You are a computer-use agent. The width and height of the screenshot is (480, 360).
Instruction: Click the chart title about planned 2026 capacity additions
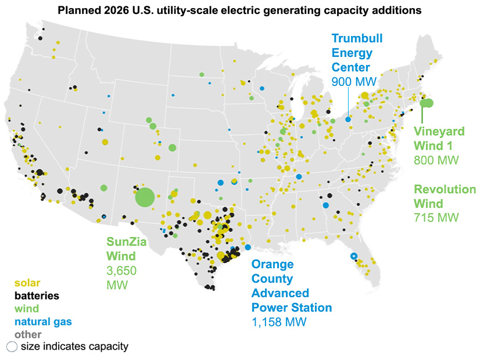click(x=239, y=10)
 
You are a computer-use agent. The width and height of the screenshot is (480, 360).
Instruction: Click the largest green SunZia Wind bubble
click(x=145, y=197)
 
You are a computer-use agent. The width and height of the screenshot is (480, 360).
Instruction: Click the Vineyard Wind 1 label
click(x=439, y=138)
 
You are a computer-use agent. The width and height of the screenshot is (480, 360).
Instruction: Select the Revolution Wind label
click(x=445, y=196)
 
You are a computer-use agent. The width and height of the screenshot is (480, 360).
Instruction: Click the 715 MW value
click(x=436, y=218)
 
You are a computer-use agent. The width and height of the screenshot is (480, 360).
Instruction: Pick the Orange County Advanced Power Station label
click(x=291, y=285)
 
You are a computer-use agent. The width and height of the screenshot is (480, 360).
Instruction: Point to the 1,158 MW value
click(x=278, y=322)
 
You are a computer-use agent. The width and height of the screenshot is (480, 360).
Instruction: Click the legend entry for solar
click(x=27, y=283)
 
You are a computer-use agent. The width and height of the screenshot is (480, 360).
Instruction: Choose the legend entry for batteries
click(x=37, y=296)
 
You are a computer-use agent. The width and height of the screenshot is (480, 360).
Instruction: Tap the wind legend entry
click(x=26, y=308)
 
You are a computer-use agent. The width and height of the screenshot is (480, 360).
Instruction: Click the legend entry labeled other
click(x=27, y=334)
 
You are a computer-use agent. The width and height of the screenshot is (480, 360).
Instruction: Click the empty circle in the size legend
click(x=12, y=347)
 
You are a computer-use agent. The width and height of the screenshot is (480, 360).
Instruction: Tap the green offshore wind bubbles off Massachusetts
click(x=427, y=103)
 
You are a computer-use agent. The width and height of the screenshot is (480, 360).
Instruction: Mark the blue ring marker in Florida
click(x=353, y=256)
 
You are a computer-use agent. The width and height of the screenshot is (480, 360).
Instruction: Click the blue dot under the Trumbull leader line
click(x=348, y=119)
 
